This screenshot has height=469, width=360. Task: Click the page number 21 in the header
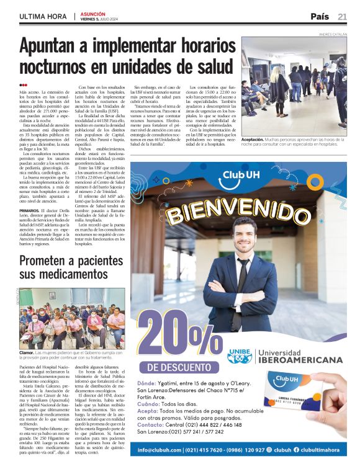tap(343, 16)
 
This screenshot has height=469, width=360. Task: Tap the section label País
tap(320, 16)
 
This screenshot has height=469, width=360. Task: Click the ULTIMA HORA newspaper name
tap(42, 17)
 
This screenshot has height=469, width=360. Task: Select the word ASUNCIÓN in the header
tap(92, 13)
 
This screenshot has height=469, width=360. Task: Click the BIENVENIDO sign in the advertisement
tap(240, 209)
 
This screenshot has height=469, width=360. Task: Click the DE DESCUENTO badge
tap(181, 367)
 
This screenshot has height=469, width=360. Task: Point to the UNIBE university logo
tap(240, 355)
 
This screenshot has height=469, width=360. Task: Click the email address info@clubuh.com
tap(161, 450)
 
